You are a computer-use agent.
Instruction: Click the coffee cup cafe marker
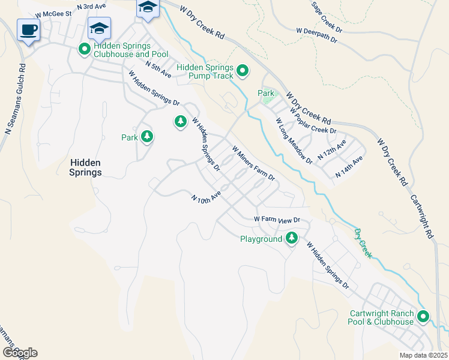click(28, 30)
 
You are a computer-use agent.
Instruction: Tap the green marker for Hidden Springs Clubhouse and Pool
click(85, 48)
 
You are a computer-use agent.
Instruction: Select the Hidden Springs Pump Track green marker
click(243, 71)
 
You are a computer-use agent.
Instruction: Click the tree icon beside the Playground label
click(292, 238)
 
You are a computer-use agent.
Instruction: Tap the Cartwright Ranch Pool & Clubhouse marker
click(424, 316)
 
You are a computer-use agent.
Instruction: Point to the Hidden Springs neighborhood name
click(85, 167)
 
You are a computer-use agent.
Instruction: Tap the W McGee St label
click(53, 13)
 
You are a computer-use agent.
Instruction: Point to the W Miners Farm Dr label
click(253, 164)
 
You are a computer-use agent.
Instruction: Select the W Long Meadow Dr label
click(294, 141)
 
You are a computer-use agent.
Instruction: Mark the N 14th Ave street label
click(349, 165)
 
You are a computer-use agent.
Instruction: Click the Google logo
click(19, 353)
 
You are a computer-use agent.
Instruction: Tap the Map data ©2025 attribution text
click(423, 355)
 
